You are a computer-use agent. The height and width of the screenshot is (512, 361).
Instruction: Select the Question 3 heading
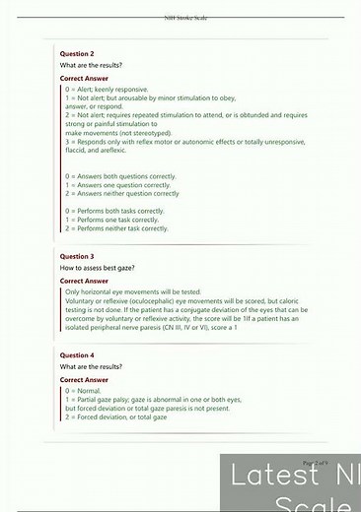click(78, 255)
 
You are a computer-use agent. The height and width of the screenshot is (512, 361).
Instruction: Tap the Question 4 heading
click(78, 354)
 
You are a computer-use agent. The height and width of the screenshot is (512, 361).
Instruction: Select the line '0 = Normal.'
click(83, 391)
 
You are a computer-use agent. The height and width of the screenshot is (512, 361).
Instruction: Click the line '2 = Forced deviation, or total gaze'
click(116, 416)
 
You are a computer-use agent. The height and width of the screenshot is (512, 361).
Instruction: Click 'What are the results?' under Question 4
click(95, 367)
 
